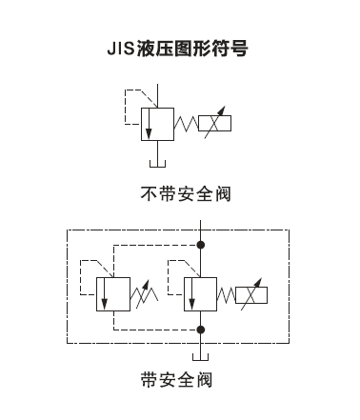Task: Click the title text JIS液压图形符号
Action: pos(177,49)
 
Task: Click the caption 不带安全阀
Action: pos(186,193)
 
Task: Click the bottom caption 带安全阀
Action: pos(176,379)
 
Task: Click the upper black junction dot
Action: pos(200,245)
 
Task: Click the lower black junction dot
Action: pos(200,330)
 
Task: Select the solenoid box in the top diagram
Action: pos(214,123)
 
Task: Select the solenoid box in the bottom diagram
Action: pos(251,295)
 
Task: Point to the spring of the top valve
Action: pos(186,124)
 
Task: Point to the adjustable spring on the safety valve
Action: pos(144,294)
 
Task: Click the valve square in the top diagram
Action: pos(157,124)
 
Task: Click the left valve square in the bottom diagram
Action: pos(113,294)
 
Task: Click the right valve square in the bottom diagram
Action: pos(200,294)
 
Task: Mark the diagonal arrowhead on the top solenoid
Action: pos(222,110)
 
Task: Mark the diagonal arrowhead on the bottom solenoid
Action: pos(258,282)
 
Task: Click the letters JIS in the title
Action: pos(121,49)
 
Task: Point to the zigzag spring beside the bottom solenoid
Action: pos(226,295)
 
